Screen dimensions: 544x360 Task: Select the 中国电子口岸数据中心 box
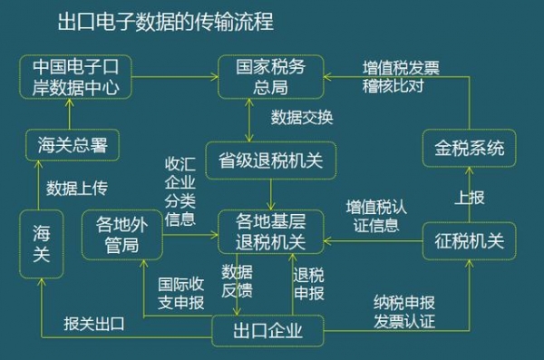76,78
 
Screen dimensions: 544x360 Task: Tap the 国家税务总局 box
269,78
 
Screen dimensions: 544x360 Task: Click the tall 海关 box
42,242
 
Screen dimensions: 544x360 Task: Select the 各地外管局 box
121,234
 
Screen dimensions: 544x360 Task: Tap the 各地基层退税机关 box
270,232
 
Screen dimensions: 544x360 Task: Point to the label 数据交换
303,117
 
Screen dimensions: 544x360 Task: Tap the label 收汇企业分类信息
180,193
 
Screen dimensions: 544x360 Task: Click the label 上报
465,195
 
